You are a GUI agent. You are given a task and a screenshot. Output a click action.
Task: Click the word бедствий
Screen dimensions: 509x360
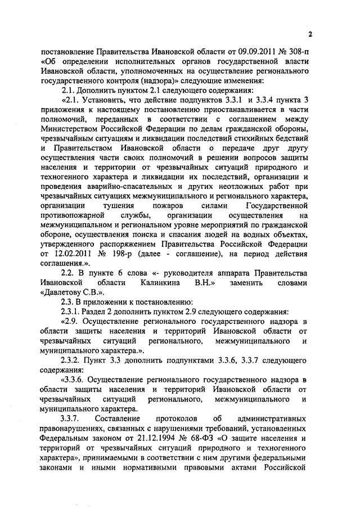pyautogui.click(x=291, y=137)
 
